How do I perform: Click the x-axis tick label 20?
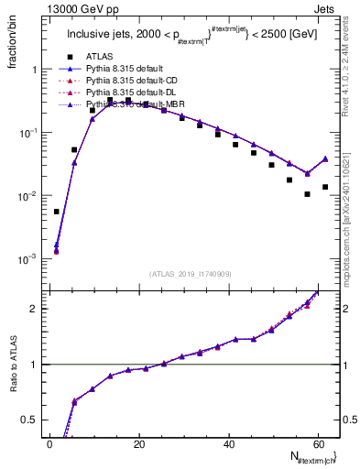[x=139, y=444]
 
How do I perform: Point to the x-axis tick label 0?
[x=50, y=444]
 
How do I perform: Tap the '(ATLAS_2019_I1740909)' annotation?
[x=191, y=274]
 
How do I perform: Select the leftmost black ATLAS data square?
[x=57, y=212]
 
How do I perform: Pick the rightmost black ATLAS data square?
[x=325, y=187]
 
